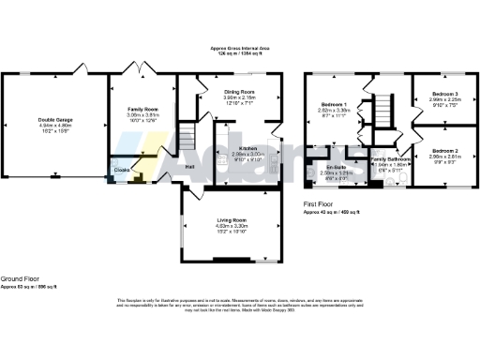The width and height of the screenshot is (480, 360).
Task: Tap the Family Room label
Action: (x=142, y=110)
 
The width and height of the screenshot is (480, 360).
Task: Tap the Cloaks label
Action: (x=123, y=170)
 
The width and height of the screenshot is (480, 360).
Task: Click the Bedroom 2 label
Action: (x=444, y=150)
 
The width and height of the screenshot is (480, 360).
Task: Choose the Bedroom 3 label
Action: (x=444, y=95)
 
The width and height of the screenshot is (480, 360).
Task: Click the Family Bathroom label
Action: (x=391, y=159)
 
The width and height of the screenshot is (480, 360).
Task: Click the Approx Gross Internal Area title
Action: (x=239, y=49)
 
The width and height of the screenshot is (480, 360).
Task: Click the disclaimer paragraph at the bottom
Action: (x=239, y=306)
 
